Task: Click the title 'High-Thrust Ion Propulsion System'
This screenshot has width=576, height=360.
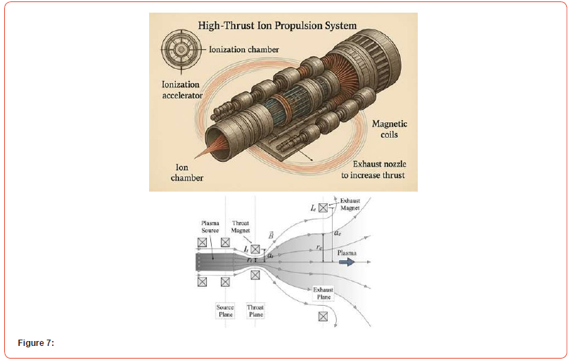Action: pyautogui.click(x=277, y=26)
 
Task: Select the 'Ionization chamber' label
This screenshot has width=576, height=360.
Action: pyautogui.click(x=244, y=49)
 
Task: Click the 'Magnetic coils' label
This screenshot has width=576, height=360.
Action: pyautogui.click(x=389, y=129)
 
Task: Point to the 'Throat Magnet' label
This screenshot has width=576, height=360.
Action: pyautogui.click(x=241, y=226)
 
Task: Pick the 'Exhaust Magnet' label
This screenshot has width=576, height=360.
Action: pyautogui.click(x=350, y=205)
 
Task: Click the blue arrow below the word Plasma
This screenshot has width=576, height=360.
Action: pyautogui.click(x=347, y=262)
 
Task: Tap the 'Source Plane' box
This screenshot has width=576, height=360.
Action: pyautogui.click(x=225, y=311)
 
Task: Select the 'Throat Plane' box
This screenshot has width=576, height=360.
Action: pyautogui.click(x=255, y=311)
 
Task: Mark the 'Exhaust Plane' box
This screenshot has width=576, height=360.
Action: pyautogui.click(x=323, y=293)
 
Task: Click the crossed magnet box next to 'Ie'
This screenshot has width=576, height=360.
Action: pyautogui.click(x=323, y=207)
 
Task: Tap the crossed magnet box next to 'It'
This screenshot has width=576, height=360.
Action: pyautogui.click(x=255, y=249)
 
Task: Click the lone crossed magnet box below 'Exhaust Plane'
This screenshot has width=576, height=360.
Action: pyautogui.click(x=323, y=316)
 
